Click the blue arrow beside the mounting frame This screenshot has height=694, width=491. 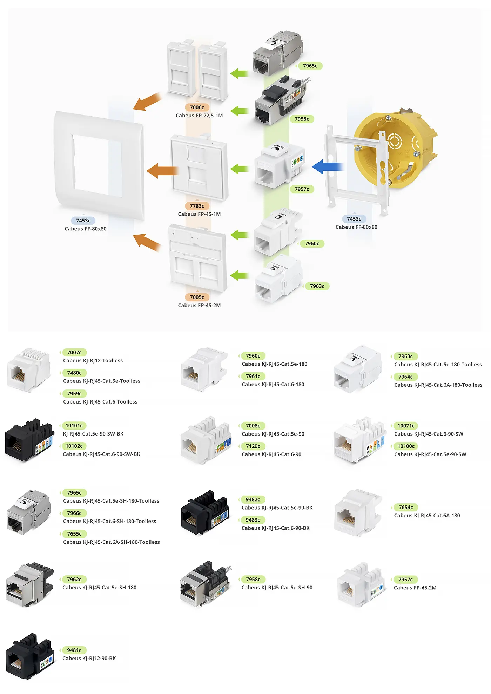coord(327,167)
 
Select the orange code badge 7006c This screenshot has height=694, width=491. coord(197,107)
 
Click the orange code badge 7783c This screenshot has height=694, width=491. coord(197,206)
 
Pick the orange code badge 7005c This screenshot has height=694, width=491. coord(197,297)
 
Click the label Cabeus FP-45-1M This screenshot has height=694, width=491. coord(199,214)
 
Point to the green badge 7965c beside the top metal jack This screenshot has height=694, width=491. coord(310,66)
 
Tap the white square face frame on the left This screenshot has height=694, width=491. coord(99,165)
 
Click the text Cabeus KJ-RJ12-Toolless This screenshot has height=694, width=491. coord(93,361)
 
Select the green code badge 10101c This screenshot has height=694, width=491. coord(74,426)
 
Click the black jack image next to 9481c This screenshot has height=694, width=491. coord(30,656)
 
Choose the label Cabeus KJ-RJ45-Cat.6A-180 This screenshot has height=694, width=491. coord(427,516)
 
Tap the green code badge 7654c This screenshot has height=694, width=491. coord(406,508)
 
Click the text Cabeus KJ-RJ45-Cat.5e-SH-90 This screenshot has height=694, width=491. coord(277,588)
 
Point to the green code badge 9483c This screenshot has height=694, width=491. coord(253,520)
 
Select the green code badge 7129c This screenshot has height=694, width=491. coord(253,446)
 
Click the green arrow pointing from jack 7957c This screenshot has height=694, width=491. coord(240,169)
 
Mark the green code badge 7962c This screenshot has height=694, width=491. coord(74,580)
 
